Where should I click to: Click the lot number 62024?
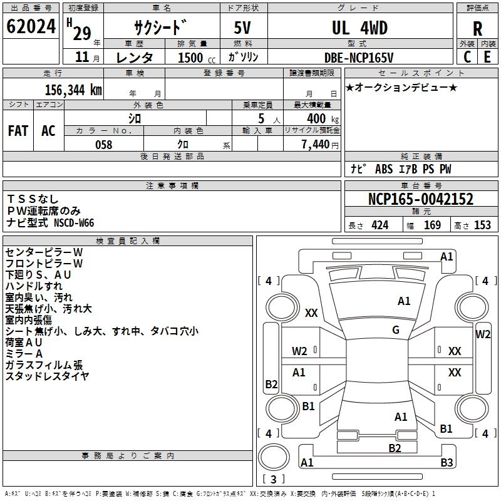click(31, 26)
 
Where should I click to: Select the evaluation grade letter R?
click(477, 29)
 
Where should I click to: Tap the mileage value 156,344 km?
click(73, 90)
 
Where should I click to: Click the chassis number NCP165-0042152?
click(420, 199)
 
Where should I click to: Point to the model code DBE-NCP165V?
click(358, 58)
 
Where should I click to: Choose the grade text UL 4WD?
click(359, 28)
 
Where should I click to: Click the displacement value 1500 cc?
click(197, 58)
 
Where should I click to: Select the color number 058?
click(104, 145)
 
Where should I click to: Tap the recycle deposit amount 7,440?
click(316, 144)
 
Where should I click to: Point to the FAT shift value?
click(18, 131)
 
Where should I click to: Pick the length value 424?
click(380, 225)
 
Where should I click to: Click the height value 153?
click(482, 225)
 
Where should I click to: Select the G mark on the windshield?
click(396, 330)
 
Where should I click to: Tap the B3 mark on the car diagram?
click(447, 462)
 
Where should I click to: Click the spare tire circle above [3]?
click(274, 457)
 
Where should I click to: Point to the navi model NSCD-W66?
click(74, 222)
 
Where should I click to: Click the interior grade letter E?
click(487, 57)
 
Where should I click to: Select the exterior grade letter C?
click(467, 57)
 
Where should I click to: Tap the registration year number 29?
click(82, 33)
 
